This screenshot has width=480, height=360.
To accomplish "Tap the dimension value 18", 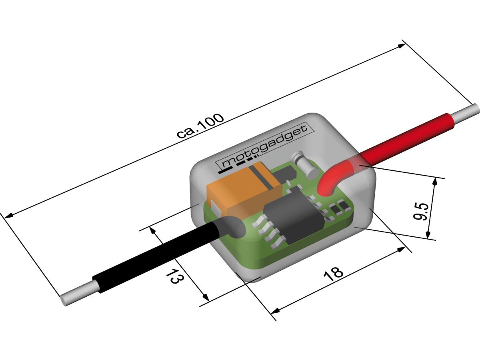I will coord(333,273).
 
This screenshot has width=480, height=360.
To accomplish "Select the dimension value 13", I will coord(173,276).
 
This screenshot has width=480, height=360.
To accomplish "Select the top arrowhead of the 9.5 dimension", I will coord(436,181).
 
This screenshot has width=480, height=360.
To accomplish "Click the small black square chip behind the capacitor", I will coord(285,173).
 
